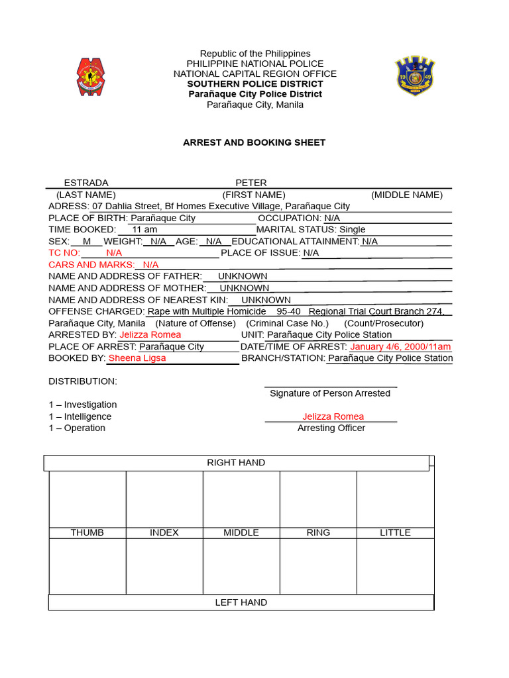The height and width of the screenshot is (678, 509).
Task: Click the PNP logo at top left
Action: click(91, 77)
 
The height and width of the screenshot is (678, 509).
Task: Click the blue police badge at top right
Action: click(415, 76)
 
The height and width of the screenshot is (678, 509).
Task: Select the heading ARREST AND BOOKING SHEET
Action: click(254, 142)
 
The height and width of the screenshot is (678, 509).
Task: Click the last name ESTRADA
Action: click(86, 183)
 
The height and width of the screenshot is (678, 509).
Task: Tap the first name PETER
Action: click(251, 183)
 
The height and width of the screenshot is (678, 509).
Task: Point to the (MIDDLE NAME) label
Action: click(407, 195)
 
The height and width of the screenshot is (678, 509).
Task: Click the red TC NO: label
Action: click(64, 253)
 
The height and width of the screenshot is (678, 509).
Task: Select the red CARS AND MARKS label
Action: click(91, 264)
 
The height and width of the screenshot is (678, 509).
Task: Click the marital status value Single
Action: click(352, 229)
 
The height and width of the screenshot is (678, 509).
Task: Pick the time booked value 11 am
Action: click(144, 229)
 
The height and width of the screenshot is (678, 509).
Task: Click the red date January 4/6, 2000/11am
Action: click(400, 346)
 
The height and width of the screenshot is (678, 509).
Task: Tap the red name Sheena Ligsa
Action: click(137, 358)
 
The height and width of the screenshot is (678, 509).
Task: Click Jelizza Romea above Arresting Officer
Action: click(333, 416)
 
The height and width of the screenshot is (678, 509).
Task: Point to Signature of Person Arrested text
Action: click(329, 393)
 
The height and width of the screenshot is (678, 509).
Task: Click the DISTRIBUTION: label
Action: click(83, 381)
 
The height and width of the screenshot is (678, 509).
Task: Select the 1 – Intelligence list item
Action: click(80, 416)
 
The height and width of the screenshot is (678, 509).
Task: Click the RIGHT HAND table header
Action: click(236, 463)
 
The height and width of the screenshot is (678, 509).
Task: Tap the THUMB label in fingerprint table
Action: click(87, 532)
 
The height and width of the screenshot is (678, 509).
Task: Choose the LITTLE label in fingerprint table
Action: click(395, 532)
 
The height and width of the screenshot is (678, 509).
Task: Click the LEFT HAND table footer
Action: click(241, 603)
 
